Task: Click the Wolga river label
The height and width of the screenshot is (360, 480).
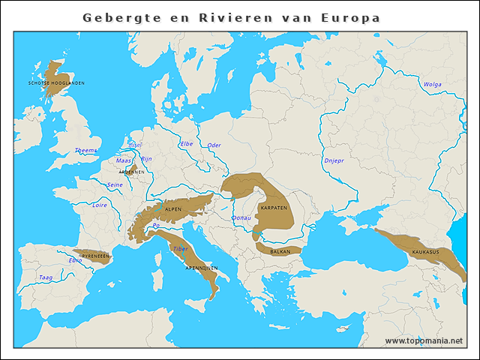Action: tap(432, 85)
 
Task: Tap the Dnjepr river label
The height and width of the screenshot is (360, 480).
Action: tap(333, 160)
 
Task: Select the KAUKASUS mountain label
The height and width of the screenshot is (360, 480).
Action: tap(425, 252)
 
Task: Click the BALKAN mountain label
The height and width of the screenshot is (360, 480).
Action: tap(280, 252)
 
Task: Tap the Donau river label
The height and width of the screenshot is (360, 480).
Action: tap(241, 218)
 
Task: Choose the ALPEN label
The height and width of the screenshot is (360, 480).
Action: tap(172, 209)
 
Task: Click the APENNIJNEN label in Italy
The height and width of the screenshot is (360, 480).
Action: tap(201, 268)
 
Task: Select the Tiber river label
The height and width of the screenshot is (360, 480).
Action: tap(181, 248)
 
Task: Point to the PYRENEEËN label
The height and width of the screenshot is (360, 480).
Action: tap(95, 256)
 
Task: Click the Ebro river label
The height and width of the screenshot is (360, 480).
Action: tap(75, 260)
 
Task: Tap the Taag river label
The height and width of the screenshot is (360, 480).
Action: tap(46, 277)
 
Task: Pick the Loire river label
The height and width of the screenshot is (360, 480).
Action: tap(100, 204)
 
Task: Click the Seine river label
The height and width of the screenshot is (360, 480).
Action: tap(115, 184)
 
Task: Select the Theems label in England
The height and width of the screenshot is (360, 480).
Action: tap(85, 151)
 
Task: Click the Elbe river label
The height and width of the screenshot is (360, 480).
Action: tap(187, 143)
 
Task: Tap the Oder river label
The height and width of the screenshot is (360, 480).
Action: tap(214, 145)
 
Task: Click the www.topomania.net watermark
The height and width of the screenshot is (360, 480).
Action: tap(424, 340)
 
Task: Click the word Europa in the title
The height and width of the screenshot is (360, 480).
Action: tap(349, 17)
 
